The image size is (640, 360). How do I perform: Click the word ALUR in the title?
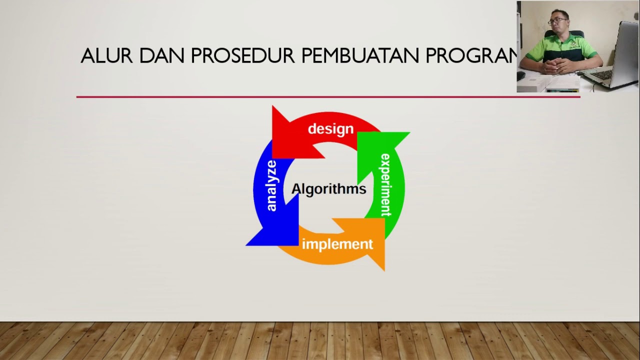point(106,56)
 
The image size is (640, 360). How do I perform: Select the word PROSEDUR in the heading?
point(243,56)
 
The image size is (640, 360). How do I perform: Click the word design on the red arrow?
point(330,129)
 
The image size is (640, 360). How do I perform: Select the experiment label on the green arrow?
point(385,185)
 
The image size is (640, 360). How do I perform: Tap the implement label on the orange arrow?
point(337,244)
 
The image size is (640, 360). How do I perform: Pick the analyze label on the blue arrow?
point(271,185)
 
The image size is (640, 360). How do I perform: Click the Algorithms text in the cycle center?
point(328,189)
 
